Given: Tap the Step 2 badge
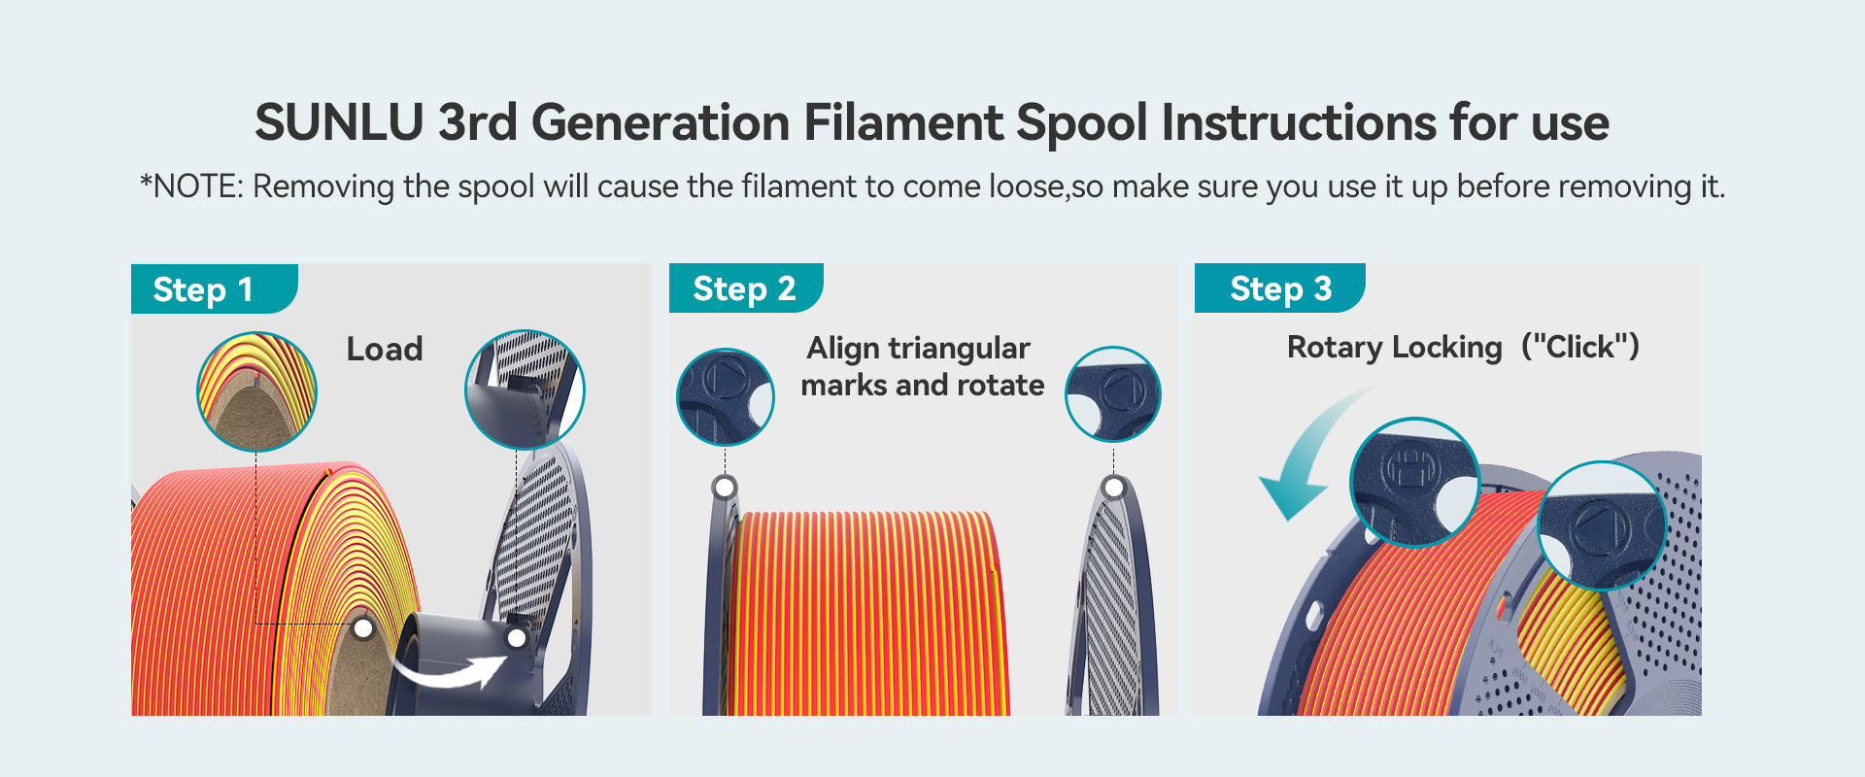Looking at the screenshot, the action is click(746, 288).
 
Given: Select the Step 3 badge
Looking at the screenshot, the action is click(1279, 288).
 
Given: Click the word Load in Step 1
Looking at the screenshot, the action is click(385, 350).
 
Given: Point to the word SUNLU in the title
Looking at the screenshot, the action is click(339, 123).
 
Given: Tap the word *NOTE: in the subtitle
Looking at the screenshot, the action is click(191, 186).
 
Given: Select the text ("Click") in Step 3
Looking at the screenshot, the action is click(1580, 347).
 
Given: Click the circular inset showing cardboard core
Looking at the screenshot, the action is click(256, 391).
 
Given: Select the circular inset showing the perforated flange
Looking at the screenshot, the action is click(525, 389).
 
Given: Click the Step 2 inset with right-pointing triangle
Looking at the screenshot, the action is click(726, 396).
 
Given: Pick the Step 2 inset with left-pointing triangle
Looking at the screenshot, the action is click(1113, 394).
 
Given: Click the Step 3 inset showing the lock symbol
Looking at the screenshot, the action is click(1415, 483).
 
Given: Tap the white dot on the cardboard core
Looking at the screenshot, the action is click(363, 628).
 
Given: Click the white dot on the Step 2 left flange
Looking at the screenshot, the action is click(724, 487).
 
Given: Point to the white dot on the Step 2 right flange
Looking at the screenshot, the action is click(1114, 487).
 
